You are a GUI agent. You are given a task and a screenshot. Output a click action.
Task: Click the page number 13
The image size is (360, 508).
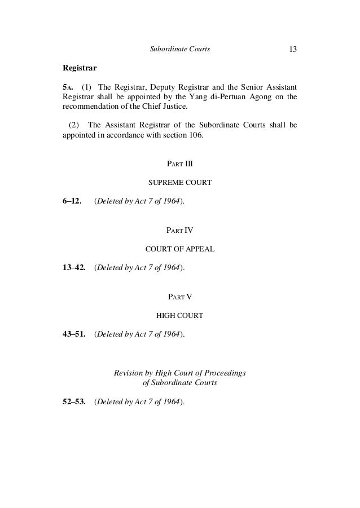[293, 50]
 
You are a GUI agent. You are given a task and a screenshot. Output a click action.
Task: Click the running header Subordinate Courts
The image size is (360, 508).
[179, 50]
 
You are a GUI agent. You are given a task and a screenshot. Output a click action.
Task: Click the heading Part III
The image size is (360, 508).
[179, 164]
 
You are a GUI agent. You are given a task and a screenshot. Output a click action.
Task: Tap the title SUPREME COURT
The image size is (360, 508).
[179, 183]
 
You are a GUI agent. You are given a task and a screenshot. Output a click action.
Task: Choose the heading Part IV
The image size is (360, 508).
[179, 230]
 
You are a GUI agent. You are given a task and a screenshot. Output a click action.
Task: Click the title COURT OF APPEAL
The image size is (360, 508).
[179, 249]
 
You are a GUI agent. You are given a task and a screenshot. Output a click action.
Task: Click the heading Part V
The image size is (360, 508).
[179, 297]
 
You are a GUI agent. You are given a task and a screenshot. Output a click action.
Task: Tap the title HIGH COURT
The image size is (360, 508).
[179, 315]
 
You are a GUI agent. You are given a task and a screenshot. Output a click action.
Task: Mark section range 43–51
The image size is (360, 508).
[74, 334]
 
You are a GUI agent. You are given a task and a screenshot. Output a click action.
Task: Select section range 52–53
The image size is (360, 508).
[74, 402]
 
